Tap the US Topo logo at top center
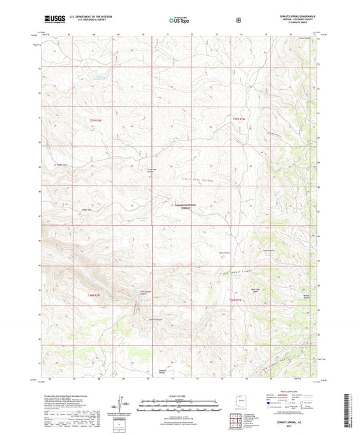point(180,20)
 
